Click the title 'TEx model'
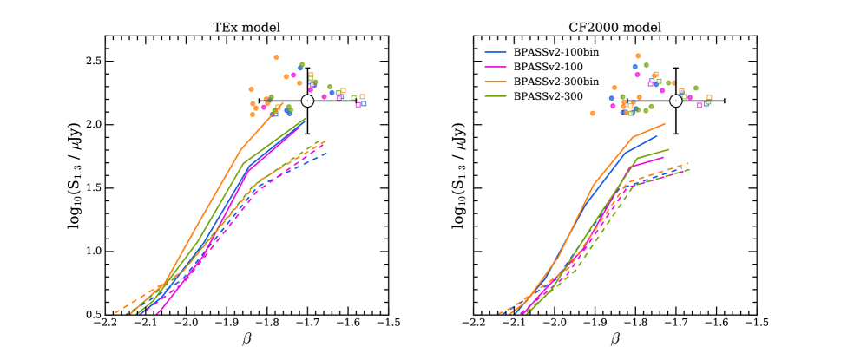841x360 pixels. coord(246,27)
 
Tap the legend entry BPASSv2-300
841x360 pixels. coord(549,95)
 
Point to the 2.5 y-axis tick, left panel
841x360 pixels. coord(89,62)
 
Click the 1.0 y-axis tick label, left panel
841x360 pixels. coord(89,252)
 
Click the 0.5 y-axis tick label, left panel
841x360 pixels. coord(89,314)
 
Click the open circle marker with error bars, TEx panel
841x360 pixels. coord(307,101)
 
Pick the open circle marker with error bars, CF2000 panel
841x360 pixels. coord(675,101)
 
